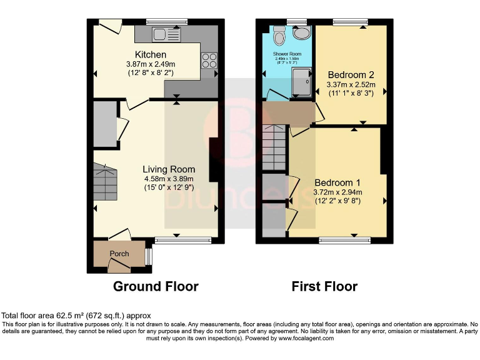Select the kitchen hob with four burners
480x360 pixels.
208,60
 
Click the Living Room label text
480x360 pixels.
169,169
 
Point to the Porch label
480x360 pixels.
119,254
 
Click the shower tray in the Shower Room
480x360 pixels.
302,81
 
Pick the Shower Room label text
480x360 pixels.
287,54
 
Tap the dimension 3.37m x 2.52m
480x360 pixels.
351,84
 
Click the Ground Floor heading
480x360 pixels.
156,287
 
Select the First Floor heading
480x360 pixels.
324,287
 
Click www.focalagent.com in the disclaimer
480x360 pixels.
299,338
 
